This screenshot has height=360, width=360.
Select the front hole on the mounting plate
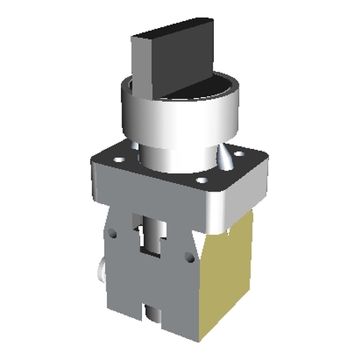(x=201, y=181)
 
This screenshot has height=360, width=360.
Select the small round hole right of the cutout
(x=188, y=257)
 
